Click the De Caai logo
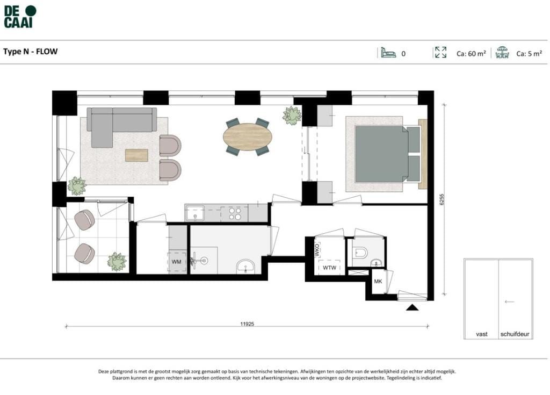point(20,17)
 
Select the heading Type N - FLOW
point(31,52)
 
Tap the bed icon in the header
point(388,53)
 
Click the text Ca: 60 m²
point(471,53)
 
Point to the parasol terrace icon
point(502,52)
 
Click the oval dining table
point(248,137)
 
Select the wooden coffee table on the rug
point(136,155)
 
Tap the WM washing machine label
point(176,262)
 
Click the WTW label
point(329,268)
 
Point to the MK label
point(378,281)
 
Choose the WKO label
point(317,250)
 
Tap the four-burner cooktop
point(235,213)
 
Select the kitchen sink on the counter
point(195,213)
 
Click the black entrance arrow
point(412,307)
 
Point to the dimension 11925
point(247,324)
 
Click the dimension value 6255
point(442,199)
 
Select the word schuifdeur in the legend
point(515,334)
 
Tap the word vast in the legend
point(482,334)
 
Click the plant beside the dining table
point(292,115)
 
